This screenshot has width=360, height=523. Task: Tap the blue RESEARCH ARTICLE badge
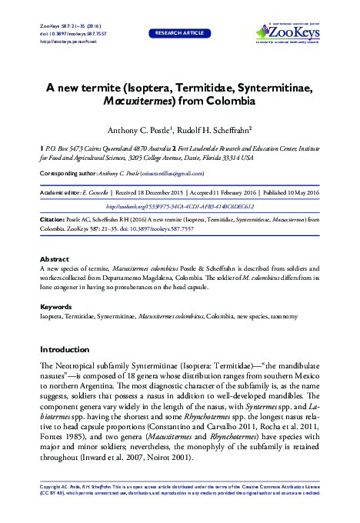coord(179,34)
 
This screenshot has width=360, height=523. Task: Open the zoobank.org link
coord(179,207)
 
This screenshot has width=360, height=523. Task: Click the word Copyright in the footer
coord(52,488)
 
